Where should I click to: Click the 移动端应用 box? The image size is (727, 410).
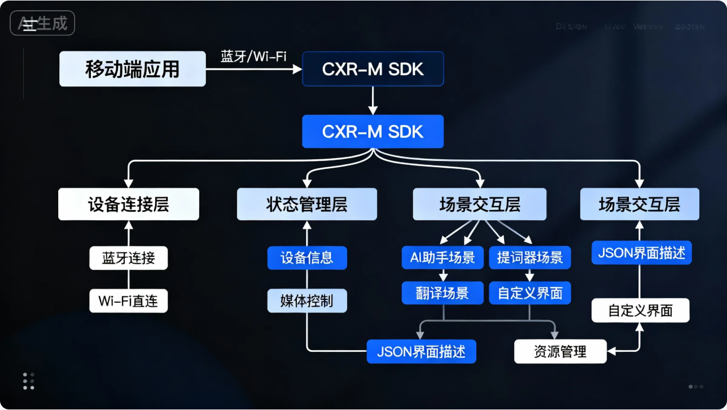tap(133, 69)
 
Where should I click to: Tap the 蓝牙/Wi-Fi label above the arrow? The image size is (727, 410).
tap(253, 56)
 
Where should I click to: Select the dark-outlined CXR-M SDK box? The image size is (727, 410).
tap(373, 69)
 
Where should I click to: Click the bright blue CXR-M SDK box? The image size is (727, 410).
tap(373, 132)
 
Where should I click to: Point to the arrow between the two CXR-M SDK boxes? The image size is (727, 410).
tap(373, 101)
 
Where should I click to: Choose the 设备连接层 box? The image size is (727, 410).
tap(129, 204)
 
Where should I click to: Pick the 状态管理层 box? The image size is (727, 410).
tap(306, 204)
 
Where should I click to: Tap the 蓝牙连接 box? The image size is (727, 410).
tap(129, 258)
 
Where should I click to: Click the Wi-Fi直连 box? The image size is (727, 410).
tap(129, 300)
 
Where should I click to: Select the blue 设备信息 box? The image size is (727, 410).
tap(306, 258)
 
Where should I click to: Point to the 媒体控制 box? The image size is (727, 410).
tap(306, 300)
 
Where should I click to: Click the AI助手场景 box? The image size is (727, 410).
tap(443, 258)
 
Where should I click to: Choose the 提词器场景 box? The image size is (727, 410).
tap(530, 258)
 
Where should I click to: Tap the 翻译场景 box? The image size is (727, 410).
tap(443, 293)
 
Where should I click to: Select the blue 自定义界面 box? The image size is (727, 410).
tap(530, 293)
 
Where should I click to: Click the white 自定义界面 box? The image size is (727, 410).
tap(640, 311)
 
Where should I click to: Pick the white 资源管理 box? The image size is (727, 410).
tap(560, 352)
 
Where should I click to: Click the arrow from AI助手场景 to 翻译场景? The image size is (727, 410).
tap(443, 275)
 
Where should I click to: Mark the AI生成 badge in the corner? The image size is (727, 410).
tap(43, 24)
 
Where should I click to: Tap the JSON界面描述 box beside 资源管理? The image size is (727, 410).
tap(422, 352)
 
